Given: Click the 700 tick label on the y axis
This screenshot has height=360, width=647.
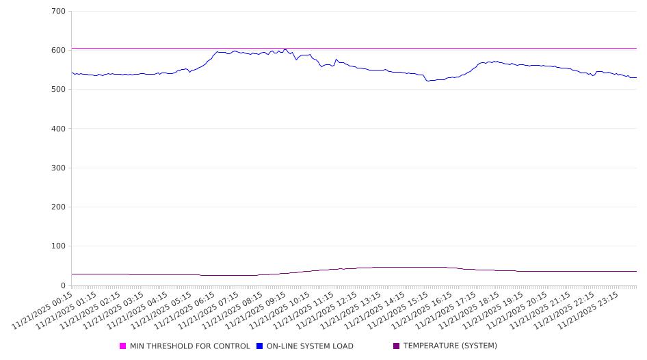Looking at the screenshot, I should click(x=58, y=12).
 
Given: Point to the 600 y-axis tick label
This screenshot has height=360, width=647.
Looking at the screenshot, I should click(x=58, y=51).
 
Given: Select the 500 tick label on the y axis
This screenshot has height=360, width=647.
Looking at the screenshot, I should click(x=58, y=90).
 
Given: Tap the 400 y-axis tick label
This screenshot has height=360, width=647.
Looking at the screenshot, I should click(x=58, y=129).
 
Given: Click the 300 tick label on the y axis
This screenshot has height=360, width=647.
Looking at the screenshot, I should click(x=58, y=168).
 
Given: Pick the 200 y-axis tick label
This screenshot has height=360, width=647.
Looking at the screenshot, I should click(x=58, y=207).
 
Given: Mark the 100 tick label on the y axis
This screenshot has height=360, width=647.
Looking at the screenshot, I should click(x=58, y=246).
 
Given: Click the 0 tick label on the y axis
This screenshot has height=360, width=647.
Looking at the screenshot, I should click(x=63, y=285).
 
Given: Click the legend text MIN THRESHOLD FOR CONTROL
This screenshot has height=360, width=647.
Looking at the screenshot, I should click(x=189, y=346).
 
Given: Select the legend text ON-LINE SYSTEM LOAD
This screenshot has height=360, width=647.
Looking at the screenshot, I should click(x=310, y=346).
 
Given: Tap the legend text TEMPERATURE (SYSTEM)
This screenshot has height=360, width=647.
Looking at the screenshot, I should click(x=450, y=346).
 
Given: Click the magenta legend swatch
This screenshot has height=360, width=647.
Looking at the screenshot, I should click(x=123, y=346).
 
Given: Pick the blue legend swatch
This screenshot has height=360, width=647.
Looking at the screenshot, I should click(x=260, y=346).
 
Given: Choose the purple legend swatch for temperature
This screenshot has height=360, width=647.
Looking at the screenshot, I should click(x=397, y=346).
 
